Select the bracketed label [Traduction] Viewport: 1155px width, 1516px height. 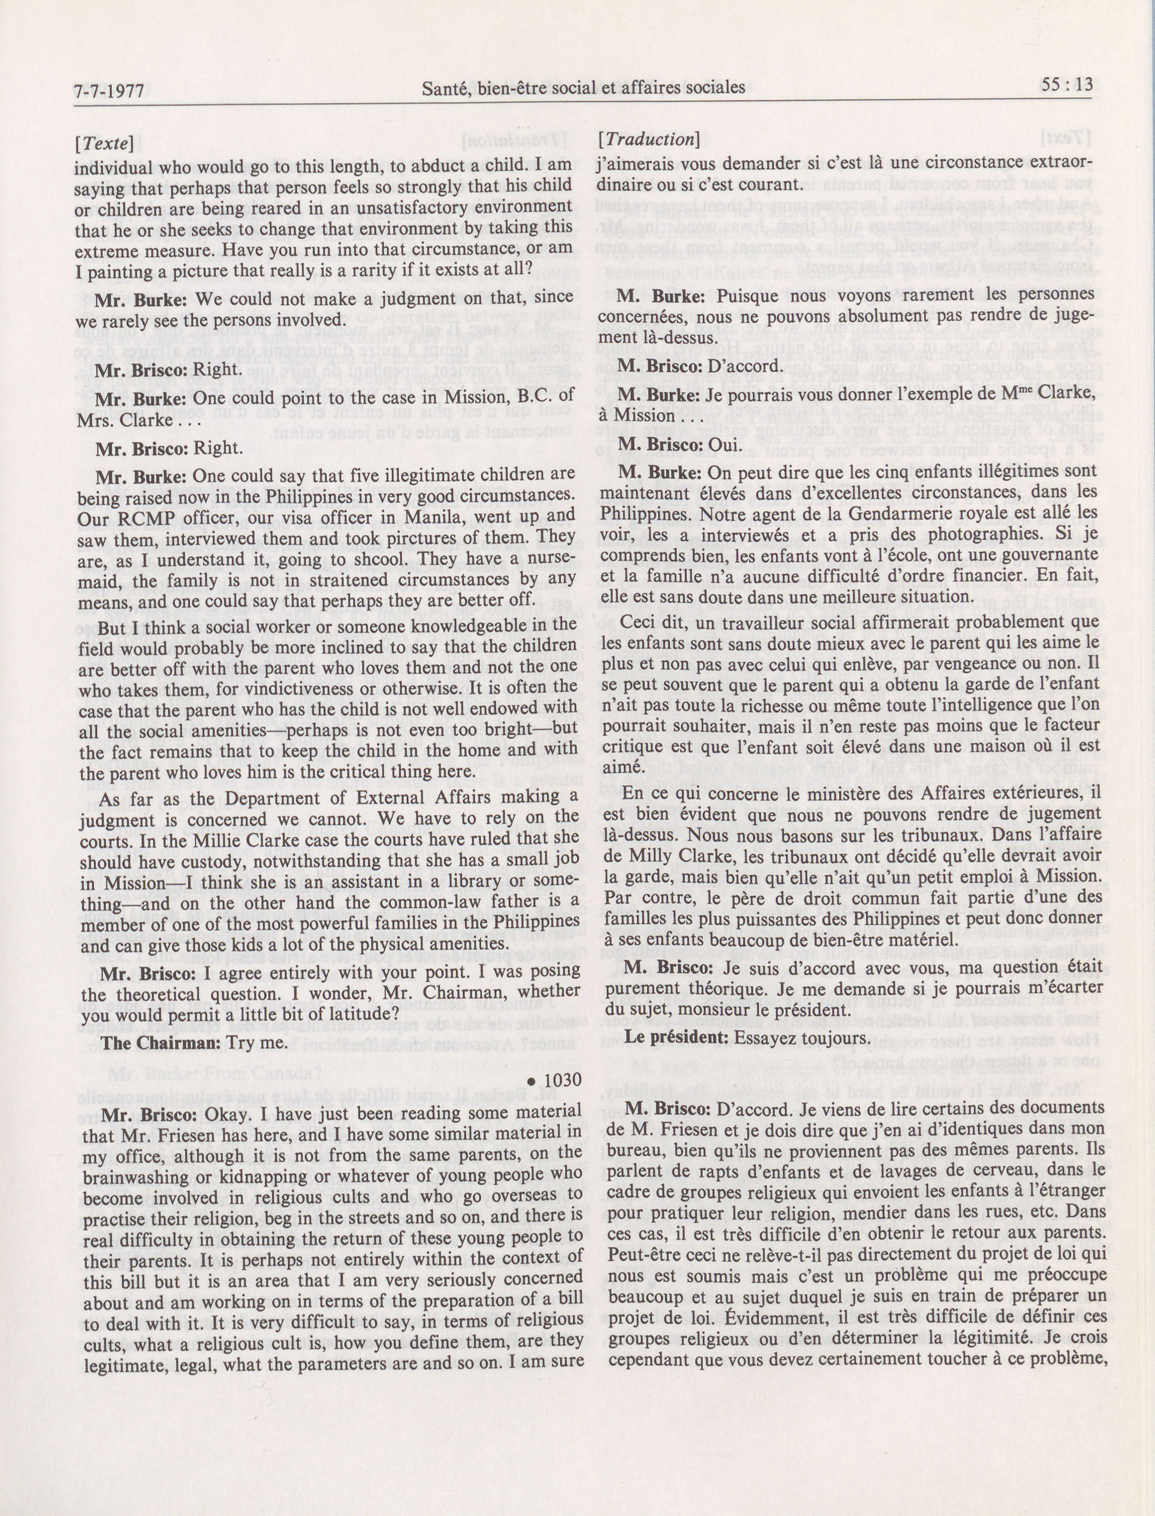[x=649, y=140]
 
